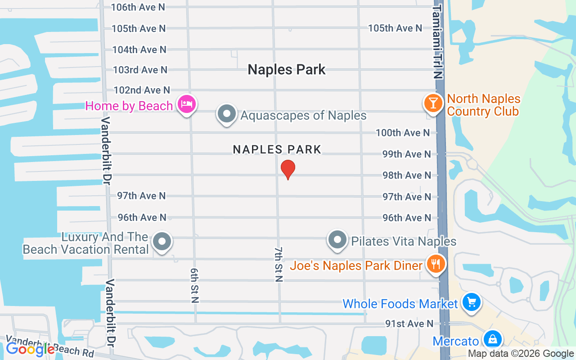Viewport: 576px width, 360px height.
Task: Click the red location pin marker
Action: [288, 170]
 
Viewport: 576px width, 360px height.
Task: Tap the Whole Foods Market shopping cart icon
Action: [471, 302]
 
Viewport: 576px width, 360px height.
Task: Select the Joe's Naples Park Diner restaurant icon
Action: [435, 264]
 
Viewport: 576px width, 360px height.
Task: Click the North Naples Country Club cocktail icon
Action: [433, 103]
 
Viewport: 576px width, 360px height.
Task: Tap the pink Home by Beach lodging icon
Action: [186, 105]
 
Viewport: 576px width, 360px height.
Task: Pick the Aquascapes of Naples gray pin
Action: [227, 114]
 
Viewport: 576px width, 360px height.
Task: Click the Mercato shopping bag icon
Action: [493, 340]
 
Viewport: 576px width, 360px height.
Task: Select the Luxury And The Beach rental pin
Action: [162, 242]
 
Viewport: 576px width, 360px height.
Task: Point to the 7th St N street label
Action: [279, 264]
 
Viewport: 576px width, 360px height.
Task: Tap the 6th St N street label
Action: [194, 285]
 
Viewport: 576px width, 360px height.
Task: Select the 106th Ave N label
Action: [138, 7]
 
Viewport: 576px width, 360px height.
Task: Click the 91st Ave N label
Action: [409, 324]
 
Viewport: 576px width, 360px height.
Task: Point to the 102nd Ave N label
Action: [142, 90]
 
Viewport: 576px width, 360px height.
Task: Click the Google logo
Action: [30, 349]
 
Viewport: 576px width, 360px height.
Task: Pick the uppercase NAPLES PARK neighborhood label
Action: [277, 149]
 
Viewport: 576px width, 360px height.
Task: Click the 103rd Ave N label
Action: [140, 70]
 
